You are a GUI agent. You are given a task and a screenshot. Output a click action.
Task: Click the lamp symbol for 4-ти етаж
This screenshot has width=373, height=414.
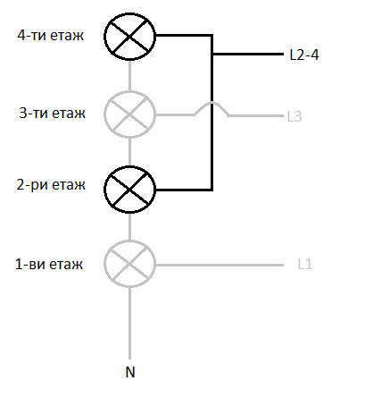(x=129, y=37)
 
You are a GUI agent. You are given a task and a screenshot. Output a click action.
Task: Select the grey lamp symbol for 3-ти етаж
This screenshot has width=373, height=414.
(x=129, y=114)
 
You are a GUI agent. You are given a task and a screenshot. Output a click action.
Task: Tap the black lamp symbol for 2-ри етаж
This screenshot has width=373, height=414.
(x=129, y=190)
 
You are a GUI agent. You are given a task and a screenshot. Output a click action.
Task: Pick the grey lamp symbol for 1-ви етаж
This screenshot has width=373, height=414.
(x=129, y=264)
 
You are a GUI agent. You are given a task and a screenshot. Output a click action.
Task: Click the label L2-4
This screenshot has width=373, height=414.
(x=304, y=55)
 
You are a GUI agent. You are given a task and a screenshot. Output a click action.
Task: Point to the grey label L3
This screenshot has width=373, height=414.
(x=294, y=116)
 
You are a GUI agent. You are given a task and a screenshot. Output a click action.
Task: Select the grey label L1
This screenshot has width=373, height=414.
(x=305, y=264)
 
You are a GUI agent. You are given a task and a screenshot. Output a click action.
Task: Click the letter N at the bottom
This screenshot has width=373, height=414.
(x=130, y=372)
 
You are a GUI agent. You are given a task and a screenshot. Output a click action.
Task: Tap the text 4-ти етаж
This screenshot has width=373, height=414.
(x=51, y=36)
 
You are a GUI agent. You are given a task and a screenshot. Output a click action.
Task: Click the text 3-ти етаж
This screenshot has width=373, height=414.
(x=52, y=114)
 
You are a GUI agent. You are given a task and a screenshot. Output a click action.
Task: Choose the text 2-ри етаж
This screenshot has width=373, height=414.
(x=51, y=185)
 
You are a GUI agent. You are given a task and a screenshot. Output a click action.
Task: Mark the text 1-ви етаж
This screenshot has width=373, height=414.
(x=49, y=265)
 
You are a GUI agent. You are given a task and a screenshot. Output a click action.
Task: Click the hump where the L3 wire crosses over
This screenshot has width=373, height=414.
(x=211, y=103)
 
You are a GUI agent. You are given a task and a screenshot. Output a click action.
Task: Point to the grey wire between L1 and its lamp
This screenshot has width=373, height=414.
(x=220, y=265)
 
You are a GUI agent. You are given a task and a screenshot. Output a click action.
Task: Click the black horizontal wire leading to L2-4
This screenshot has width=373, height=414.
(x=248, y=54)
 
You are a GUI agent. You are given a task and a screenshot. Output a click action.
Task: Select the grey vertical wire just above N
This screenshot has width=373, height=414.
(x=129, y=324)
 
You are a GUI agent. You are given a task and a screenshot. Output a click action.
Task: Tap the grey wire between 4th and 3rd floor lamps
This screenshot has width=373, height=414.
(x=129, y=76)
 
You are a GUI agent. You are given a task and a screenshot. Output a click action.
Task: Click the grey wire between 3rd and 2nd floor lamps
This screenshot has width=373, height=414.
(x=129, y=152)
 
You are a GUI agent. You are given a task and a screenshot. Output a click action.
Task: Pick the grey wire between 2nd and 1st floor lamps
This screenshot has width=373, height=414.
(x=129, y=227)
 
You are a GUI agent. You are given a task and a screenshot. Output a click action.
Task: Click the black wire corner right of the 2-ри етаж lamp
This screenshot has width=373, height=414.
(x=211, y=190)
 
